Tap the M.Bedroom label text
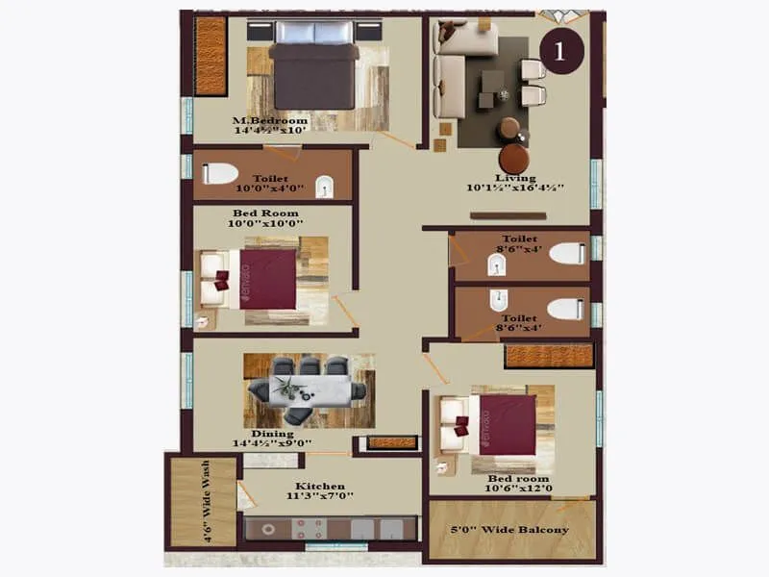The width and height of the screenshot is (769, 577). (270, 121)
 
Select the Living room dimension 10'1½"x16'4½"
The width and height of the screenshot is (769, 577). (515, 188)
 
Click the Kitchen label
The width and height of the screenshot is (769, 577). (321, 487)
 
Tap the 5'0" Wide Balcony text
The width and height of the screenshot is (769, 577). (511, 530)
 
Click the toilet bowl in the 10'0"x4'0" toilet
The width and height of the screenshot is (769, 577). (221, 174)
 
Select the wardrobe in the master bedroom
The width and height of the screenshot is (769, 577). (210, 55)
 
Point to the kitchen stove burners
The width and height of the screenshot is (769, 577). (311, 527)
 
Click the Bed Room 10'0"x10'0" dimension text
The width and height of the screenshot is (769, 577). (265, 223)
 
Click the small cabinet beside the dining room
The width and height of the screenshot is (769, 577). (392, 443)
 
